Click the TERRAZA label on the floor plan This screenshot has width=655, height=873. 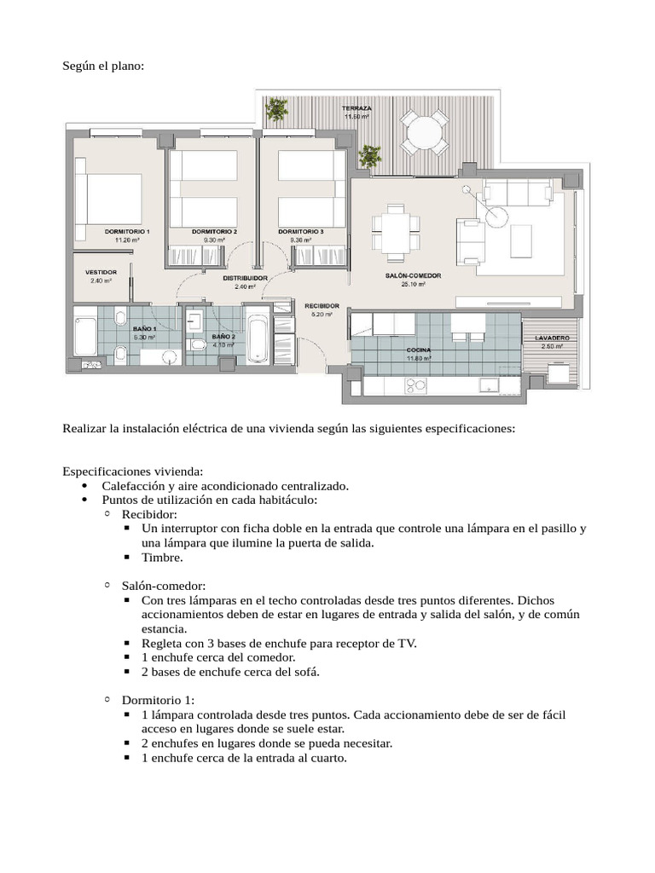(x=356, y=109)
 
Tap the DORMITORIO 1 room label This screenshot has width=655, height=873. (x=127, y=232)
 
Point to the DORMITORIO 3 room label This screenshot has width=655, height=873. (x=301, y=232)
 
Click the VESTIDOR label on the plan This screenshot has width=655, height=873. (x=101, y=272)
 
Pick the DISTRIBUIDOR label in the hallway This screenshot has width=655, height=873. (x=246, y=278)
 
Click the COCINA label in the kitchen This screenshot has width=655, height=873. (x=419, y=350)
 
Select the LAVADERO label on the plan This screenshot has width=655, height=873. (x=552, y=338)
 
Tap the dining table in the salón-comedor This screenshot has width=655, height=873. (x=396, y=224)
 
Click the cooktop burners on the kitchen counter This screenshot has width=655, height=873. (x=415, y=385)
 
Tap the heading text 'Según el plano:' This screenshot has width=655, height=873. (x=103, y=66)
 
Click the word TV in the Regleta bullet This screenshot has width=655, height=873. (x=408, y=643)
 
